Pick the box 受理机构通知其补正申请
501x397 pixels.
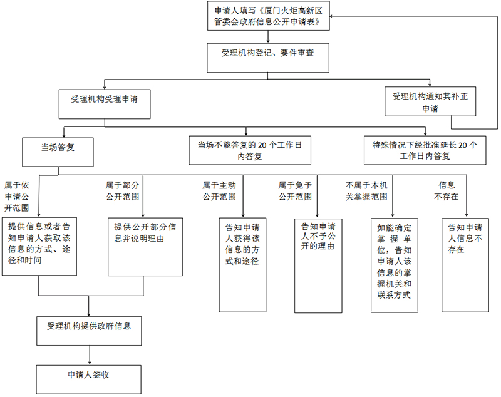(430, 101)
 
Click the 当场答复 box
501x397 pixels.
(58, 149)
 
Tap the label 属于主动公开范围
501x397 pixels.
(219, 190)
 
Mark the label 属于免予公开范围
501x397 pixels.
(295, 190)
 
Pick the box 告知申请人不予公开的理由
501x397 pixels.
(318, 264)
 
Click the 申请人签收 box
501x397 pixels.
(88, 378)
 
